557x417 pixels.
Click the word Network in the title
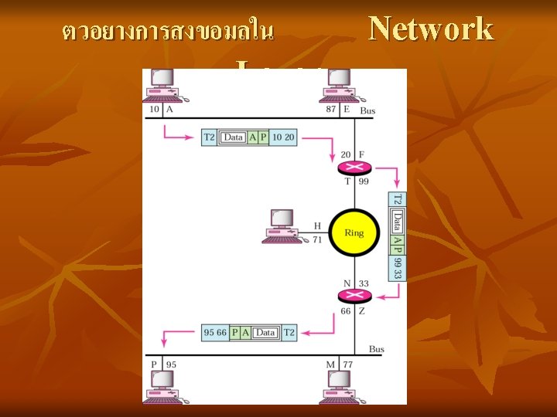(431, 29)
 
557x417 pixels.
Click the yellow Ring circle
(354, 232)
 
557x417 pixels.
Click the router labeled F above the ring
(355, 168)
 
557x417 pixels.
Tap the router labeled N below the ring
(355, 295)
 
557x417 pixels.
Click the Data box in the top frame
(233, 137)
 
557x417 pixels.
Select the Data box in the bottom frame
(265, 332)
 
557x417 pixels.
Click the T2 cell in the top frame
(209, 137)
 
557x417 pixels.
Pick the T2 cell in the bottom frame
(289, 332)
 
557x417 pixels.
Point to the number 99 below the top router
(364, 181)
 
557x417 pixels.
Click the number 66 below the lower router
(346, 311)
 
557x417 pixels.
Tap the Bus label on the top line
(368, 111)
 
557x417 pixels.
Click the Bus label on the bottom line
(377, 349)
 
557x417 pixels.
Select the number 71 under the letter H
(317, 239)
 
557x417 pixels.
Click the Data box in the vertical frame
(397, 222)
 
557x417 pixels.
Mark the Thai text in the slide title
(168, 32)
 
